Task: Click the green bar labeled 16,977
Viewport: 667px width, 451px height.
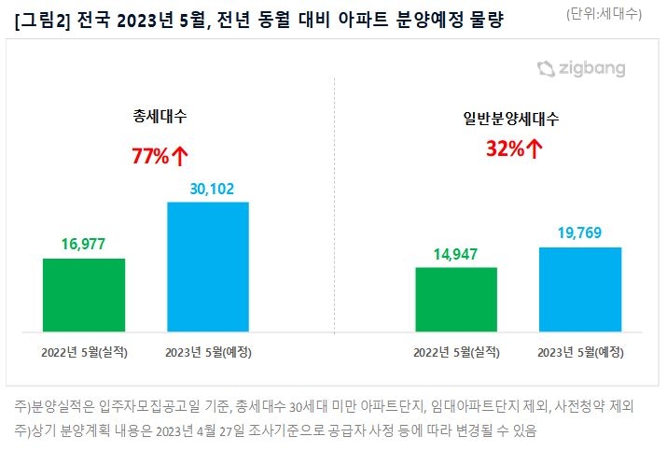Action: pyautogui.click(x=84, y=295)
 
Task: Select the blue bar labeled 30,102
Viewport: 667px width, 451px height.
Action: pyautogui.click(x=208, y=267)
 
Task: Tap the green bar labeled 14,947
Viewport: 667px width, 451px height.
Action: pyautogui.click(x=456, y=300)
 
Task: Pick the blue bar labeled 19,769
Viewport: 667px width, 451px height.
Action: pyautogui.click(x=580, y=289)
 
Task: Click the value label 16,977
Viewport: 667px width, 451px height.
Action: pyautogui.click(x=83, y=244)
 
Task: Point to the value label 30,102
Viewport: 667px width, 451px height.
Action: pyautogui.click(x=212, y=189)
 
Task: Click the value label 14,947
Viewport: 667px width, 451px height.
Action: pyautogui.click(x=455, y=254)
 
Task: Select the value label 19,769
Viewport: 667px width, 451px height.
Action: pyautogui.click(x=580, y=233)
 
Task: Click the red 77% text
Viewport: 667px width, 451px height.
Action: pyautogui.click(x=150, y=156)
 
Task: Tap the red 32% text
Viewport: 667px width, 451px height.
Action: pyautogui.click(x=506, y=148)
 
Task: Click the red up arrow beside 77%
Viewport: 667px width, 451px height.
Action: pyautogui.click(x=180, y=156)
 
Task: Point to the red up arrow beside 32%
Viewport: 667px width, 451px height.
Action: pyautogui.click(x=535, y=148)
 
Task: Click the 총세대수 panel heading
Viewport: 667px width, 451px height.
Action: pyautogui.click(x=160, y=116)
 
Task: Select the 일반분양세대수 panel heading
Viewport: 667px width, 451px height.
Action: pyautogui.click(x=511, y=119)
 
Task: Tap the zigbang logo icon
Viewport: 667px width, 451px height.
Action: pyautogui.click(x=546, y=69)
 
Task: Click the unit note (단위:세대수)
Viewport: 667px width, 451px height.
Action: pyautogui.click(x=604, y=14)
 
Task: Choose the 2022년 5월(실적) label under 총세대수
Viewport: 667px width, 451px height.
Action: pyautogui.click(x=84, y=352)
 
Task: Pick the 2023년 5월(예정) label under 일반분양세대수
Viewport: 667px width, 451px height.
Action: pyautogui.click(x=580, y=352)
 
